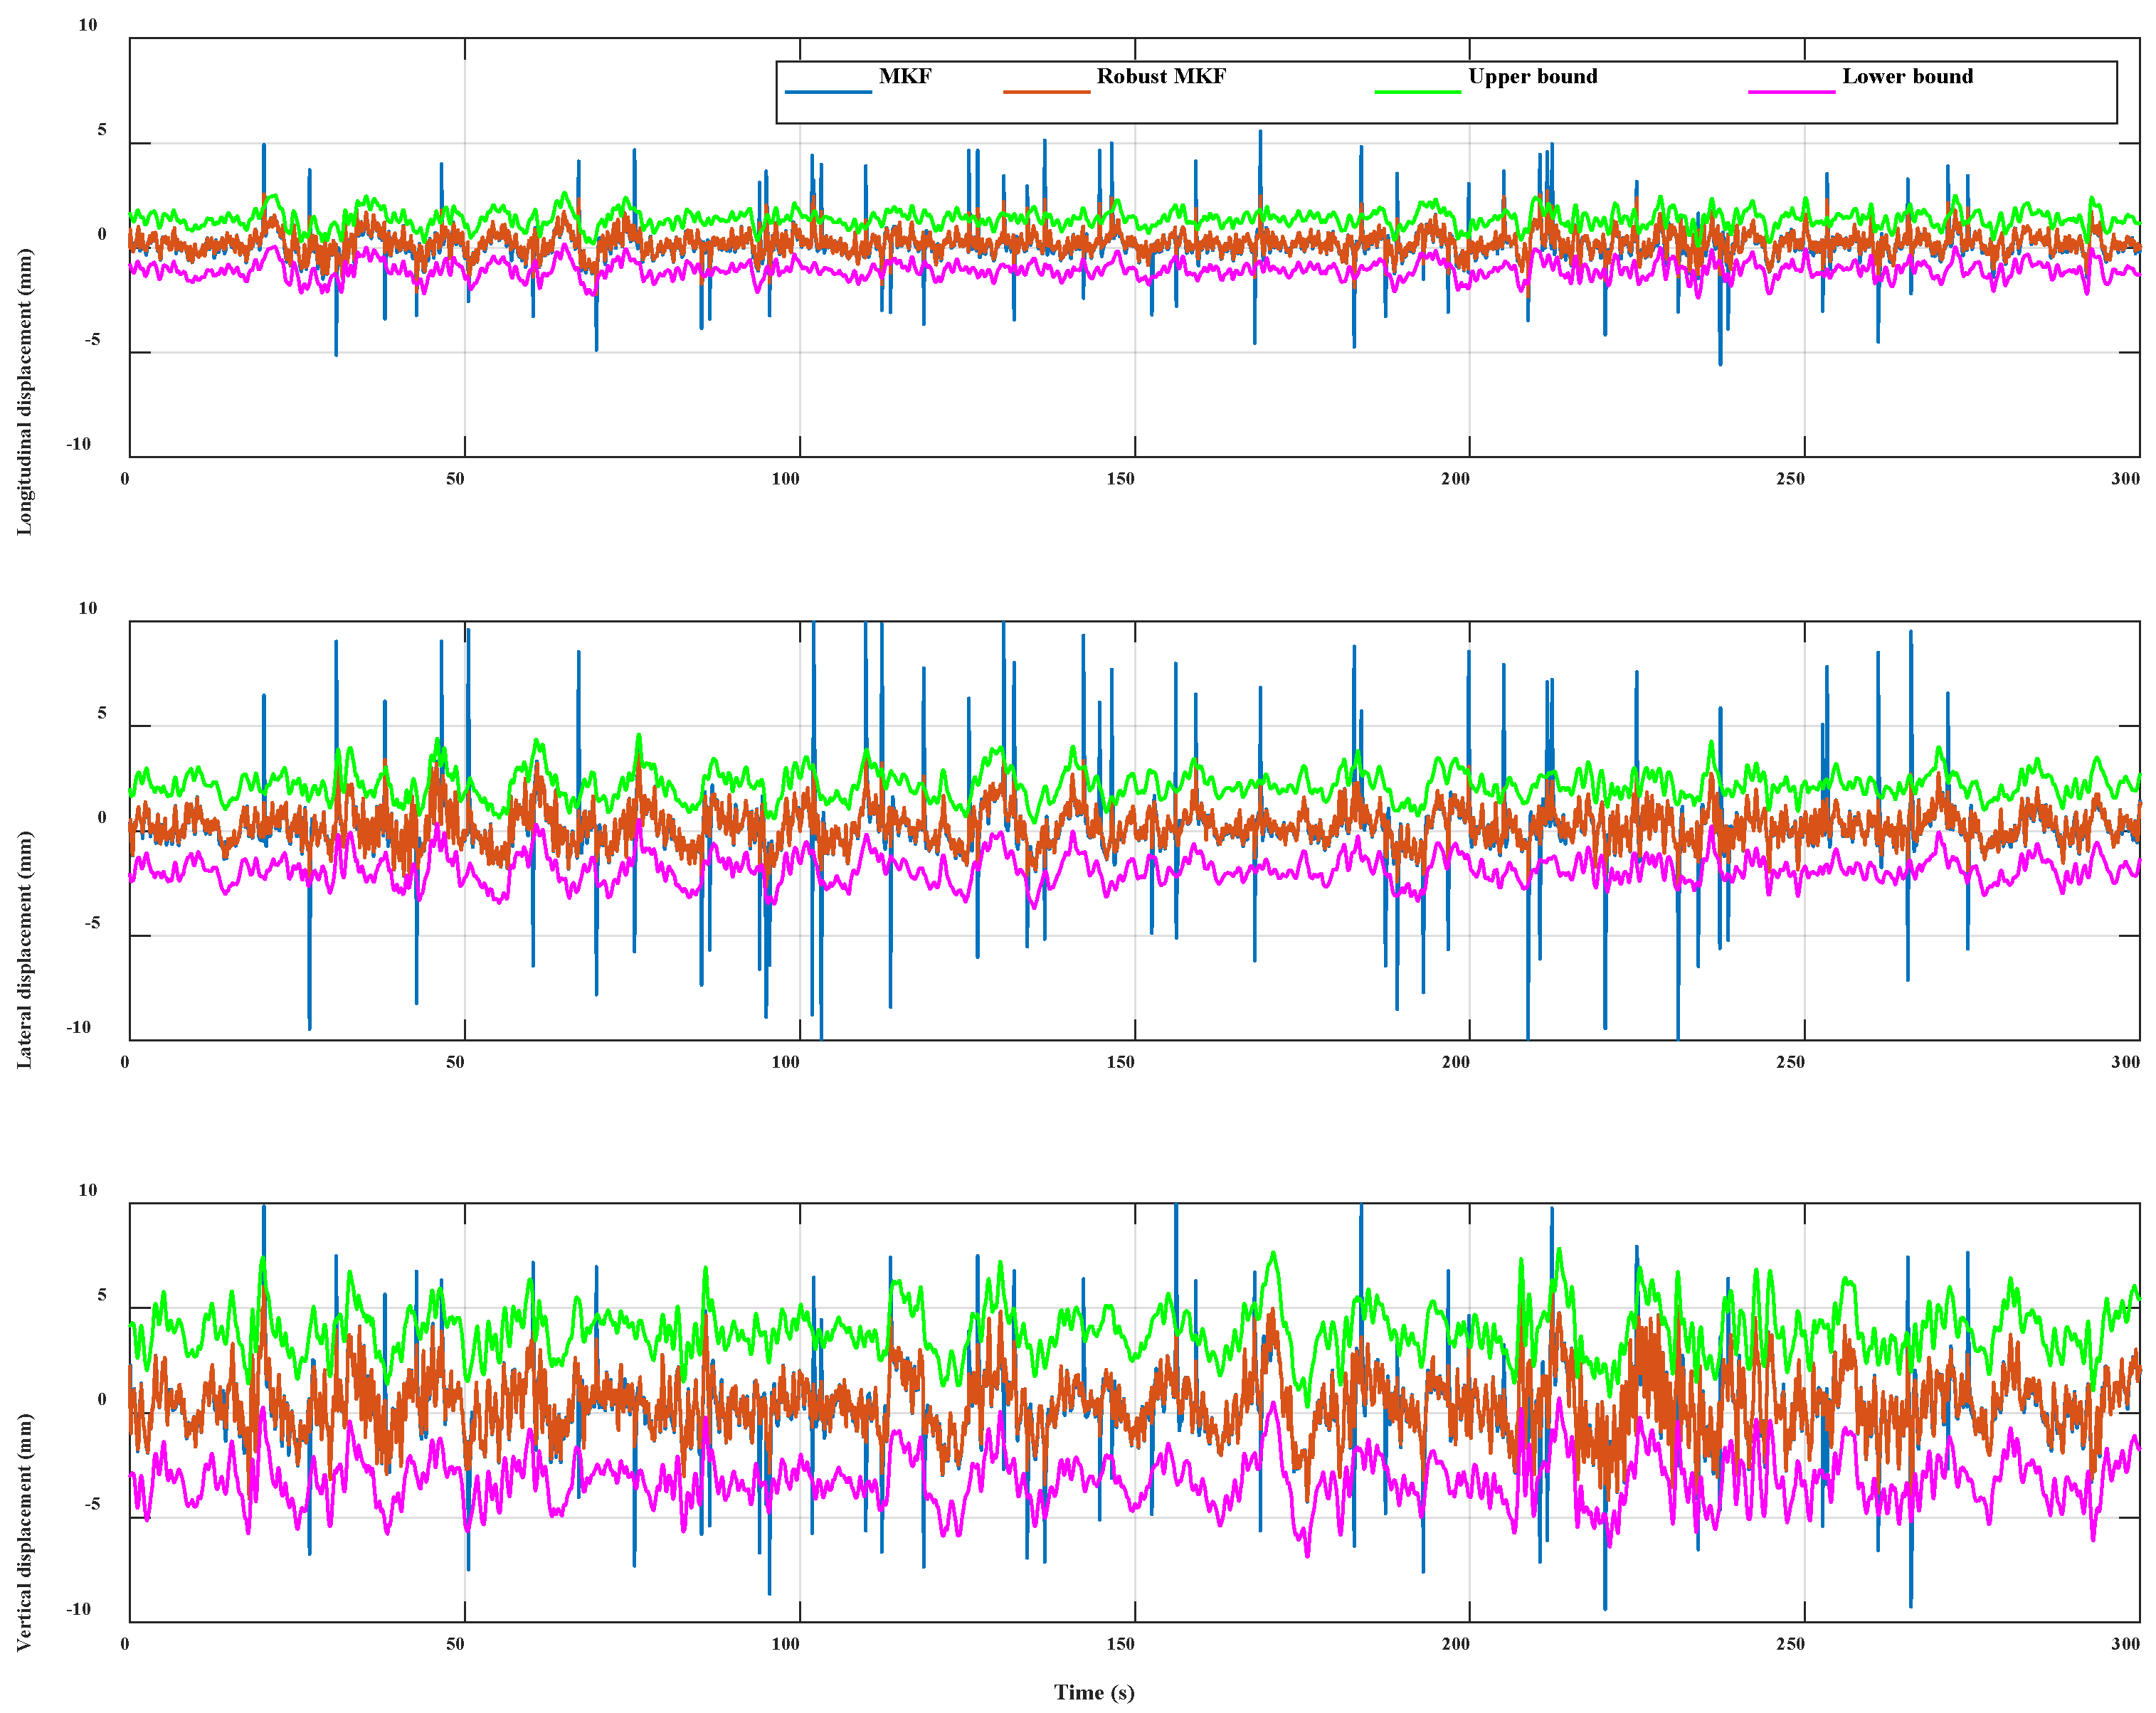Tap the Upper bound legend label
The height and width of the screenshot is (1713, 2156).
[1532, 76]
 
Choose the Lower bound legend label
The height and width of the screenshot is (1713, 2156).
[1907, 76]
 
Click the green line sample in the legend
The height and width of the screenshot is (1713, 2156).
[1417, 92]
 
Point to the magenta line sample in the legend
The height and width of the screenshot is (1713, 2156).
[1791, 92]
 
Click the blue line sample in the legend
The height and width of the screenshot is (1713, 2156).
[828, 92]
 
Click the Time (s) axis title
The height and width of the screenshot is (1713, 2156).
[1094, 1691]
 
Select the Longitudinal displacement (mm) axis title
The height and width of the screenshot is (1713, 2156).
[24, 391]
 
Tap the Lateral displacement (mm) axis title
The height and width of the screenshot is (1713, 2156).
[24, 949]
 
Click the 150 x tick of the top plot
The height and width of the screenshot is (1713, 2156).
[1120, 478]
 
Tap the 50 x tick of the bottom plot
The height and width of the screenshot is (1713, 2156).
[455, 1643]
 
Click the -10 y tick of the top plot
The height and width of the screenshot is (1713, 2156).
[79, 444]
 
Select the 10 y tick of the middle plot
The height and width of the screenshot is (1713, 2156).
[88, 608]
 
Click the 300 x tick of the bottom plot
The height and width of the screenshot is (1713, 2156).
[2125, 1643]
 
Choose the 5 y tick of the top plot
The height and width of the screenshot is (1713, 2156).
[101, 130]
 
